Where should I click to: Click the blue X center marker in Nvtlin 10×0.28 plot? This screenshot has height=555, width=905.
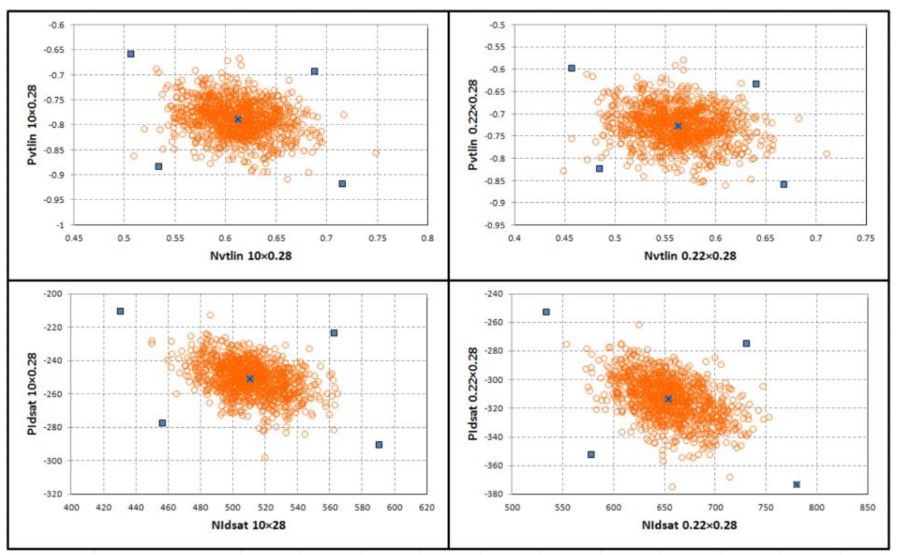coord(237,119)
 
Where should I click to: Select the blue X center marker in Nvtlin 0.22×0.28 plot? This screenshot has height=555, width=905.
coord(678,125)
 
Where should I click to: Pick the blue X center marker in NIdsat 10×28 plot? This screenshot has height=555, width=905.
coord(250,378)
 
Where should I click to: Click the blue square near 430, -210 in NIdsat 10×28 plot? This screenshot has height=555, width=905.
coord(120,311)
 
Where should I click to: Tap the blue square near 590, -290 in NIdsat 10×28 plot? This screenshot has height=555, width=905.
coord(379,445)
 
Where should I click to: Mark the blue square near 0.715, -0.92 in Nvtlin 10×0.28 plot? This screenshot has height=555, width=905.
coord(342,183)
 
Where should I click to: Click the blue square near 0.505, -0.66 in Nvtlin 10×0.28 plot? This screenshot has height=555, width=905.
coord(130,54)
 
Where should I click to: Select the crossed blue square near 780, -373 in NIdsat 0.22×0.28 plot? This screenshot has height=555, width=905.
coord(796,484)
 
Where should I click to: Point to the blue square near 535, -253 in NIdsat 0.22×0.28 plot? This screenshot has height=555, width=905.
coord(546,312)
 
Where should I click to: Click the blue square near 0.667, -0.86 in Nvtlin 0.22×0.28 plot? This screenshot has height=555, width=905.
coord(783,184)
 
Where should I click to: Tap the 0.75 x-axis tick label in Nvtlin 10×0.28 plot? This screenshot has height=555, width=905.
coord(377,238)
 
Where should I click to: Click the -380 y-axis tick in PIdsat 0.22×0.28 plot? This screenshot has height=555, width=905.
coord(500,494)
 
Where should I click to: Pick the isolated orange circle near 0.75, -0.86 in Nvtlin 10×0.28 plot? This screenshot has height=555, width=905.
coord(376,153)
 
